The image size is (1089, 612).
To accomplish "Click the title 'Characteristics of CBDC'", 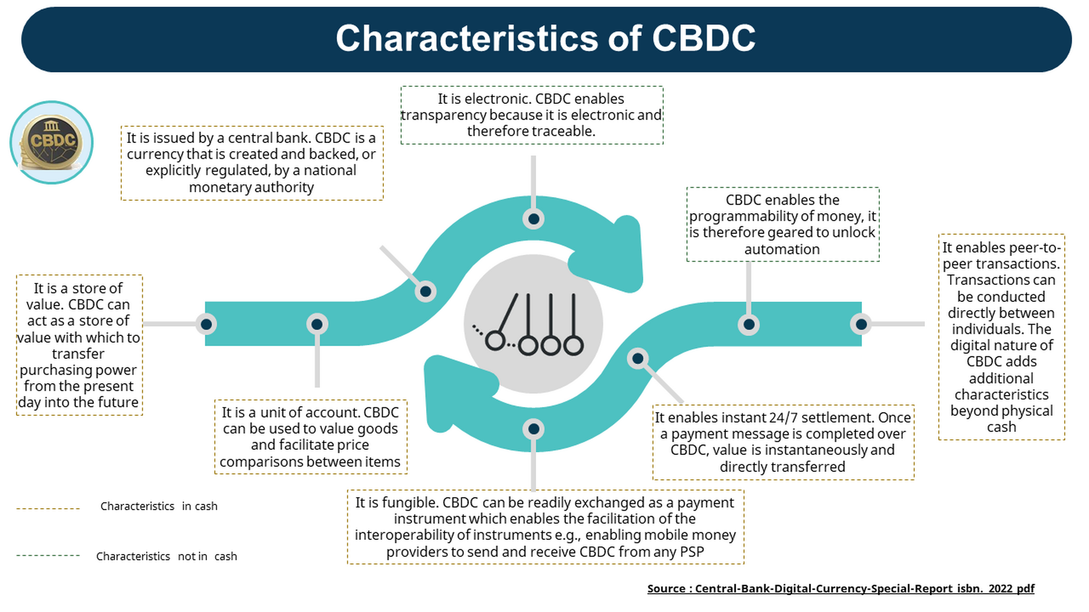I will pos(545,39).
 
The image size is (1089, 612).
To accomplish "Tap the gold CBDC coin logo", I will pos(52,142).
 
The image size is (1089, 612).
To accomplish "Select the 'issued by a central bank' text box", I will pos(252,163).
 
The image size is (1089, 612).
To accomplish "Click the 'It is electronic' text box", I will pos(531,115).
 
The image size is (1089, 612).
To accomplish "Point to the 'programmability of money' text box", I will pos(783,224).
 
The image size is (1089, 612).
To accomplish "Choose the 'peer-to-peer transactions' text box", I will pos(1001,337).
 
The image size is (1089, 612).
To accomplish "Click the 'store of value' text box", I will pos(79,345).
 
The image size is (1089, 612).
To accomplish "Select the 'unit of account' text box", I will pos(310,437).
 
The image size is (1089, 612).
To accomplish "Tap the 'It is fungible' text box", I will pos(545,527).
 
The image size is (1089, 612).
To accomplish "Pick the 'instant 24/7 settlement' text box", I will pos(783,442).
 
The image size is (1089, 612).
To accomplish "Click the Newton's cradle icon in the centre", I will pos(533,324).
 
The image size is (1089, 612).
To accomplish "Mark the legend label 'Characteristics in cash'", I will pos(159,507).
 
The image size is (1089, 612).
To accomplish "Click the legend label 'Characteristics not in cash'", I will pos(166,556).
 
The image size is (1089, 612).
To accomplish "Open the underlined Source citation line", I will pos(841,589).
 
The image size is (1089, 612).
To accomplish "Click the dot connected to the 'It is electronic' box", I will pos(534,219).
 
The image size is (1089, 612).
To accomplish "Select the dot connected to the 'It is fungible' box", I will pos(534,430).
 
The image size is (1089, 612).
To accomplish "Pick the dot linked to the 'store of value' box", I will pos(206,324).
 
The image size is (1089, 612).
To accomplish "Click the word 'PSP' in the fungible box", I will pos(691,552).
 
